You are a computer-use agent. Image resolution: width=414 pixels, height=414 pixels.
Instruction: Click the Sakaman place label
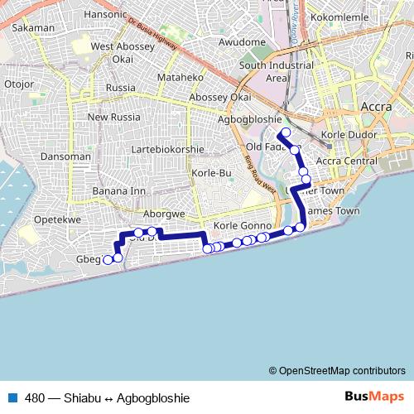[x=31, y=27]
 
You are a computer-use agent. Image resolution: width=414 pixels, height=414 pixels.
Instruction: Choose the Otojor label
[x=18, y=84]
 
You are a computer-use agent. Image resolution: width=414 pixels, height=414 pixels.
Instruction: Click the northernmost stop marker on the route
[x=286, y=132]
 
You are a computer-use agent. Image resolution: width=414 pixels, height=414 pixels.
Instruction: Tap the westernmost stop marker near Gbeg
[x=108, y=260]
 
